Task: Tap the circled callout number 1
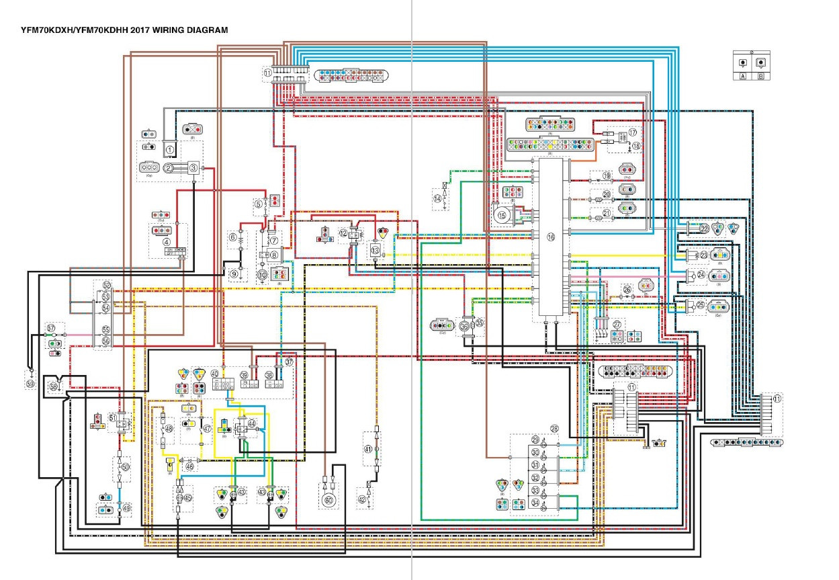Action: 170,149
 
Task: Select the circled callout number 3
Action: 193,167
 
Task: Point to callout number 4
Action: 166,241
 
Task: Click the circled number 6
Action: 233,237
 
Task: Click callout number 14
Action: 437,198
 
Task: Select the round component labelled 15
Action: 502,216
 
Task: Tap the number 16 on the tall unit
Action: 551,237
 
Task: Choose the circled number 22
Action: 704,229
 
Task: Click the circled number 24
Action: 701,275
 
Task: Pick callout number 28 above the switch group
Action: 554,428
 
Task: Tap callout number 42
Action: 361,499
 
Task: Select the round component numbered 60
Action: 328,499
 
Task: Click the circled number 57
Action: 51,328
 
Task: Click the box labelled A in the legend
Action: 743,76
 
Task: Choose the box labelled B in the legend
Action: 760,76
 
